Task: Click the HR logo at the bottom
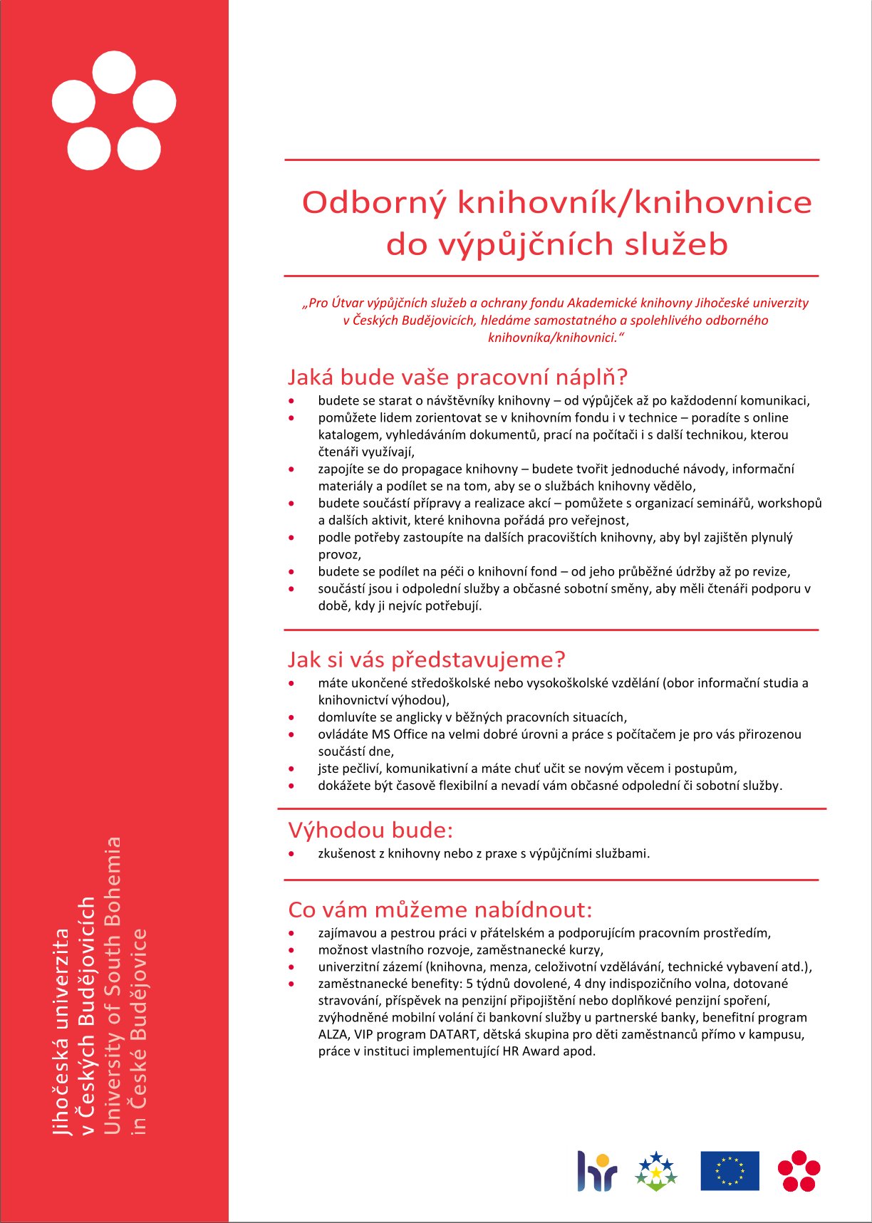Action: pos(596,1171)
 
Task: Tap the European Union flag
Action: pos(730,1170)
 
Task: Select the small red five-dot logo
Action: pos(799,1170)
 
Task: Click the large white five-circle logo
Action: pos(114,110)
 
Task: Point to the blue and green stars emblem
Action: pos(655,1171)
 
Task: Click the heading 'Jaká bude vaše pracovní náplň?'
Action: pos(457,376)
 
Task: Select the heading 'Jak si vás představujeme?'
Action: pos(426,659)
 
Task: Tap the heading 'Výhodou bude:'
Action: pos(370,830)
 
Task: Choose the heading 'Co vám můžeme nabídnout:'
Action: pos(440,910)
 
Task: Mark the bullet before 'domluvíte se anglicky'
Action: pos(291,717)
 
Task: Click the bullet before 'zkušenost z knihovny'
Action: pos(291,853)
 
